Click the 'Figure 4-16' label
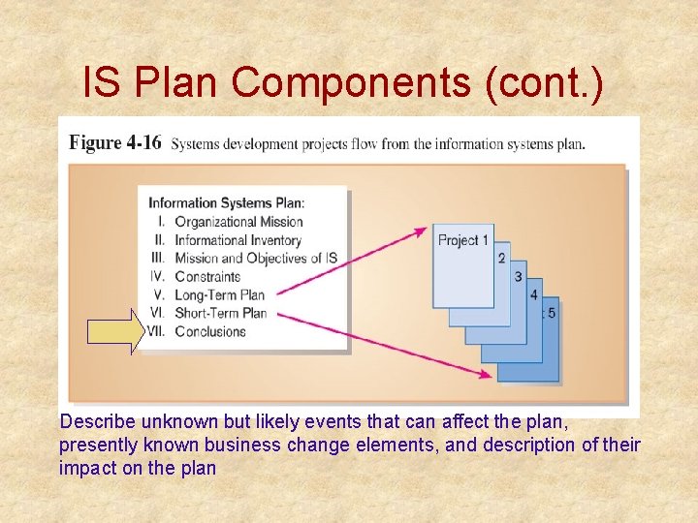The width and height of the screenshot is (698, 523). [115, 143]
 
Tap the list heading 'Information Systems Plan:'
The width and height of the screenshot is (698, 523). [226, 203]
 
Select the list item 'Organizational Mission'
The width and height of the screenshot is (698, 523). [238, 222]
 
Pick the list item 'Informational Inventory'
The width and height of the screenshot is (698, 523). [238, 240]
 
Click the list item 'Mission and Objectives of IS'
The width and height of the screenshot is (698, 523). [256, 259]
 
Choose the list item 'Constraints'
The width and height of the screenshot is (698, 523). [207, 277]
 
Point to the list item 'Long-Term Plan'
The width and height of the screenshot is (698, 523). [219, 295]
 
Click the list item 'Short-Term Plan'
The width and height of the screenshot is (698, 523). [220, 313]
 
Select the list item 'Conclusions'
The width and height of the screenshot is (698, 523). [210, 331]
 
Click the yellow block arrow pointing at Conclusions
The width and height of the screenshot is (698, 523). [114, 332]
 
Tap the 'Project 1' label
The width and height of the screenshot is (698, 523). [463, 239]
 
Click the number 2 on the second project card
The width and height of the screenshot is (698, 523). [501, 258]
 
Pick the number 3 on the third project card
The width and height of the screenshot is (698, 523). [518, 276]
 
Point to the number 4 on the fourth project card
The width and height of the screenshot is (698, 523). [534, 294]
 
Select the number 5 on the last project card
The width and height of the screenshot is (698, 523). [552, 313]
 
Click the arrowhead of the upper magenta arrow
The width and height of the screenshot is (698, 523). [421, 231]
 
